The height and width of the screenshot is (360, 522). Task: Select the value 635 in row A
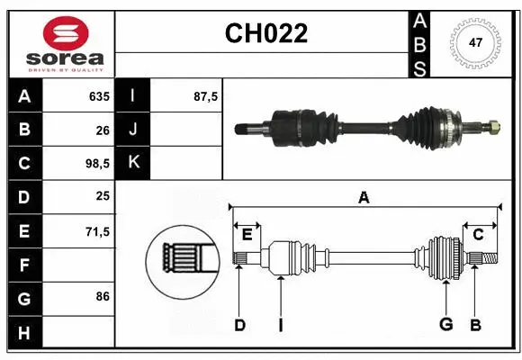pos(98,96)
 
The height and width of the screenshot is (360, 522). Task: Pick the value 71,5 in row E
pos(96,231)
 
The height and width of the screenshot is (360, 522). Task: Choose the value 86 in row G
pos(102,295)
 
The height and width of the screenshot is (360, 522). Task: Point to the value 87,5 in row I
pos(206,96)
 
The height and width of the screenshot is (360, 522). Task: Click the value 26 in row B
pos(102,130)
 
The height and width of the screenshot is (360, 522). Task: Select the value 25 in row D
pos(102,197)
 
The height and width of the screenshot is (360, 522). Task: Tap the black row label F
pos(23,265)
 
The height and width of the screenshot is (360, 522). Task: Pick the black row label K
pos(133,163)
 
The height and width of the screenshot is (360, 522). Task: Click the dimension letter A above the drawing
pos(364,198)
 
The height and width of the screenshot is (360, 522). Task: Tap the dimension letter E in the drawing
pos(247,235)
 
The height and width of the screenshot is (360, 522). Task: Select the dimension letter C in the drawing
pos(479,235)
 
